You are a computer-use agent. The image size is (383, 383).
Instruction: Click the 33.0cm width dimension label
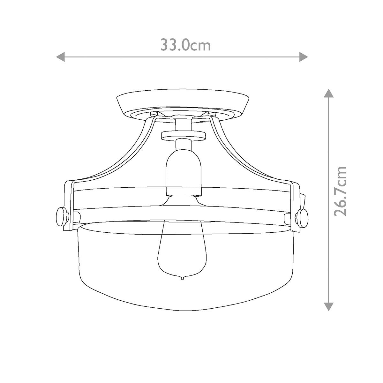tap(185, 45)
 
